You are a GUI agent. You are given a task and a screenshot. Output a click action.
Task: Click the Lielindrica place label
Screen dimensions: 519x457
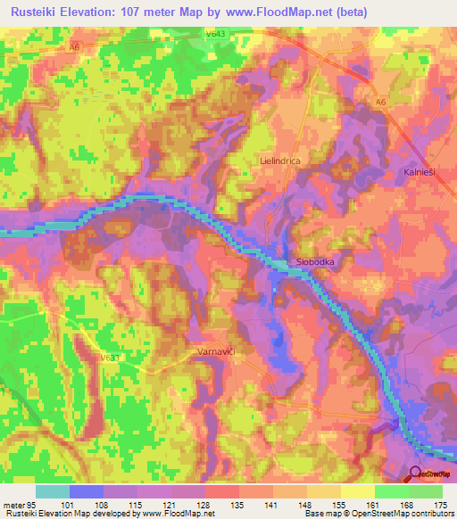279,161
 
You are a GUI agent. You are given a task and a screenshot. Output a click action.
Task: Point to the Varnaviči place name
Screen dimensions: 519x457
215,353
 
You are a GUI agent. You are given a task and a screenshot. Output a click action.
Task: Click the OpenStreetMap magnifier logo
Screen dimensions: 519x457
417,474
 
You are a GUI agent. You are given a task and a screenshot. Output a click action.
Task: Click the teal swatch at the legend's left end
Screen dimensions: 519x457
53,491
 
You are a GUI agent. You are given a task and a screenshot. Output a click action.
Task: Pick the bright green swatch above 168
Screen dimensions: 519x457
392,491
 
